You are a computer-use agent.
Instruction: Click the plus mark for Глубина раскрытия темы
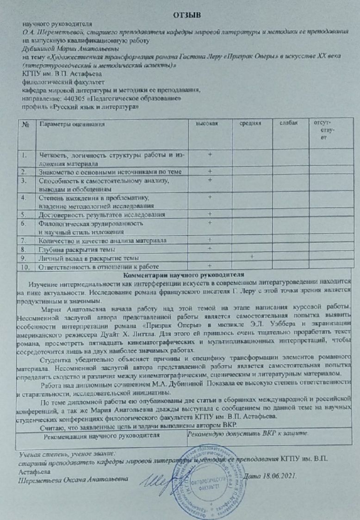pos(210,249)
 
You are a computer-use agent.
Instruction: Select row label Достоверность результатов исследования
pos(102,214)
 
